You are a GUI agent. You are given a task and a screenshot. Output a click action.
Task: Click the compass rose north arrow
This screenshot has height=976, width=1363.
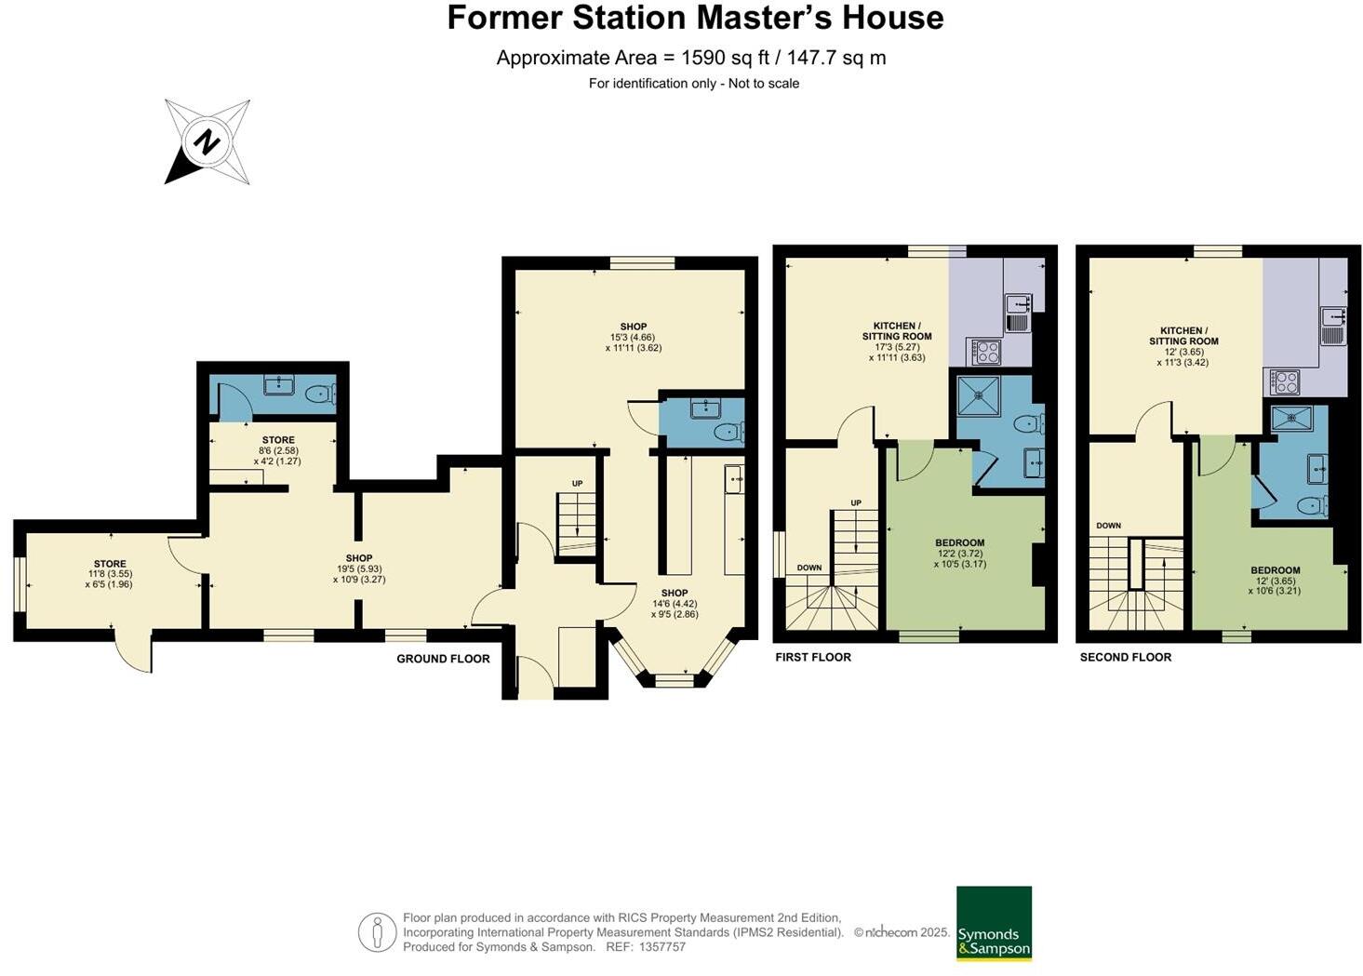pyautogui.click(x=207, y=142)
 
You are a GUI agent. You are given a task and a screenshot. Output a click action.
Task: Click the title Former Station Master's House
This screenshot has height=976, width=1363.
pyautogui.click(x=695, y=19)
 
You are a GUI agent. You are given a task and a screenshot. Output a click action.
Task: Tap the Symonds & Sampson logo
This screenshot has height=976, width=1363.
pyautogui.click(x=994, y=923)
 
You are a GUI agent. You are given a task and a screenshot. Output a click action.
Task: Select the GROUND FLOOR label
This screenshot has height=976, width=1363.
pyautogui.click(x=443, y=659)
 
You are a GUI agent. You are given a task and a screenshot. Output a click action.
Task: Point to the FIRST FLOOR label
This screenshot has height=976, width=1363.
pyautogui.click(x=813, y=657)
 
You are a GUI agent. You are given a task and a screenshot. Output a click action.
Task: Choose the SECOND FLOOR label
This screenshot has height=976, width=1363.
pyautogui.click(x=1125, y=657)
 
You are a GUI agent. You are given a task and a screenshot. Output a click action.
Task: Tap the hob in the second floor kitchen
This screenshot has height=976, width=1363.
pyautogui.click(x=1286, y=381)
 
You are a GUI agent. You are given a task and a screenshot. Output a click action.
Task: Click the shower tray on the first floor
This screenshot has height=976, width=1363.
pyautogui.click(x=979, y=395)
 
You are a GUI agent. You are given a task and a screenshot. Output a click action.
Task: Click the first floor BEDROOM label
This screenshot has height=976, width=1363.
pyautogui.click(x=959, y=542)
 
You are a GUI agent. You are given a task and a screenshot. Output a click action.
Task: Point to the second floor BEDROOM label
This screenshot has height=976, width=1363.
pyautogui.click(x=1275, y=570)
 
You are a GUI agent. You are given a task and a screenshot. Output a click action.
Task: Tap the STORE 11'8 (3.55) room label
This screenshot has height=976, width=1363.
pyautogui.click(x=110, y=564)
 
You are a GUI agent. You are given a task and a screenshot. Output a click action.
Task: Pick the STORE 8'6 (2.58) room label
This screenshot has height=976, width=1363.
pyautogui.click(x=278, y=440)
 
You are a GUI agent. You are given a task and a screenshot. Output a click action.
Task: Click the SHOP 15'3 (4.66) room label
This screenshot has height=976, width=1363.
pyautogui.click(x=634, y=327)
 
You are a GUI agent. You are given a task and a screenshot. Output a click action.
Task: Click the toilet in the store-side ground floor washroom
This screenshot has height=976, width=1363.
pyautogui.click(x=319, y=393)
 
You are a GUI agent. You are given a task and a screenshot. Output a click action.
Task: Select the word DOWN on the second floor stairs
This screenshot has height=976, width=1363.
pyautogui.click(x=1108, y=526)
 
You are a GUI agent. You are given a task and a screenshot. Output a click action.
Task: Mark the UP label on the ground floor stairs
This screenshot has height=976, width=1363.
pyautogui.click(x=577, y=484)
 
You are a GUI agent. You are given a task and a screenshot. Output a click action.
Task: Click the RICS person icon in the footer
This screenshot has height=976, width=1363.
pyautogui.click(x=377, y=932)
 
